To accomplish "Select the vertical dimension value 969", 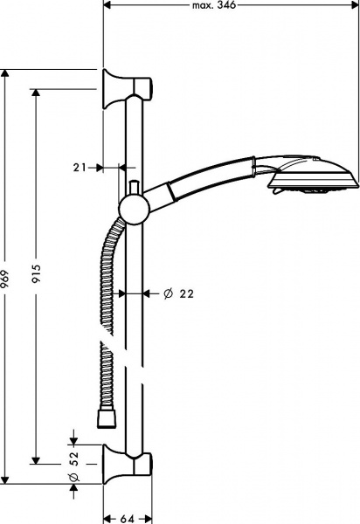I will tap(8, 275).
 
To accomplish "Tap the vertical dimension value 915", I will tap(37, 275).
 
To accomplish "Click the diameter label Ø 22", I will tap(177, 294).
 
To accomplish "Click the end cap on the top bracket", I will tap(151, 86).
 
